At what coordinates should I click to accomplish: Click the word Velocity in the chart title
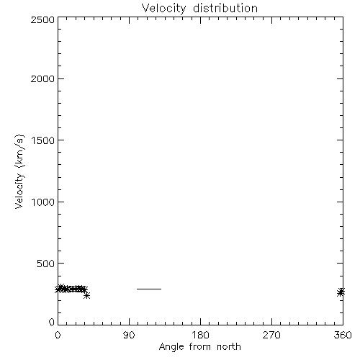click(164, 9)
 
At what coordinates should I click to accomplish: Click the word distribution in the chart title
click(225, 8)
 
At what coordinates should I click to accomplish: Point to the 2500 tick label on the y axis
click(42, 19)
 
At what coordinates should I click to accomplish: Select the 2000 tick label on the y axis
click(42, 78)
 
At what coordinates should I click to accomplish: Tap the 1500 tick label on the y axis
click(43, 140)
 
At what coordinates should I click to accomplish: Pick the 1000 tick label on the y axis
click(43, 202)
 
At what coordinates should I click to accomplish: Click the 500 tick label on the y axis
click(45, 264)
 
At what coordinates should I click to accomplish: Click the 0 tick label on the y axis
click(52, 322)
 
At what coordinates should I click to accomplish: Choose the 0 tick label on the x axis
click(58, 335)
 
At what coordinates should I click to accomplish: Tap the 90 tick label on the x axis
click(129, 335)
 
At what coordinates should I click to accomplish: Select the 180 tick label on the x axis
click(200, 335)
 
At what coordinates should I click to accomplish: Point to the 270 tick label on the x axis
click(271, 335)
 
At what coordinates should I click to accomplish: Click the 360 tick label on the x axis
click(343, 335)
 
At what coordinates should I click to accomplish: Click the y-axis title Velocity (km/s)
click(19, 171)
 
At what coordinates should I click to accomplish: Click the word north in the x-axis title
click(229, 347)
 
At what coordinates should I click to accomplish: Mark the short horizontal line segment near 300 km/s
click(149, 289)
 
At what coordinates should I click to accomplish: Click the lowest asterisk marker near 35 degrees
click(87, 295)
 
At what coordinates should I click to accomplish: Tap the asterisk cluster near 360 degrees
click(341, 292)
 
